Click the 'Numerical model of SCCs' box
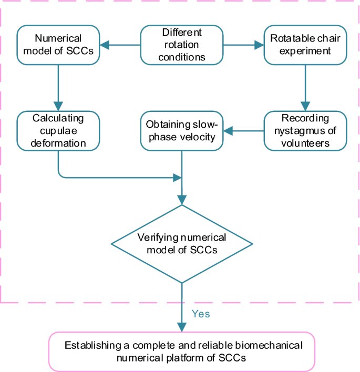coord(58,45)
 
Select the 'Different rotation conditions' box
coord(182,45)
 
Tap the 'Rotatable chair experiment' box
coord(305,45)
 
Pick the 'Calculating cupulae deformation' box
coord(58,131)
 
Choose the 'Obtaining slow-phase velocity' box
coord(182,131)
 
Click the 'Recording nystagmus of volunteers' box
coord(305,131)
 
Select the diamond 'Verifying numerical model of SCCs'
coord(182,244)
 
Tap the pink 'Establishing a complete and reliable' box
coord(182,352)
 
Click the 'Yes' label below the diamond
coord(201,314)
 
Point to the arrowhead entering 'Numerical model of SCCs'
coord(105,45)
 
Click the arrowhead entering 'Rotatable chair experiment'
coord(259,45)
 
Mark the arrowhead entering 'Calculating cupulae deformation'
coord(58,106)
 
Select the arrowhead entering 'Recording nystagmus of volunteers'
coord(305,106)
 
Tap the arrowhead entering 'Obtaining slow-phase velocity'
coord(228,131)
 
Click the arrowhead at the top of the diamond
coord(182,200)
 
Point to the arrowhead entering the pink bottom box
coord(182,327)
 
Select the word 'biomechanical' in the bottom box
coord(269,345)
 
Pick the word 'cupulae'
coord(58,131)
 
